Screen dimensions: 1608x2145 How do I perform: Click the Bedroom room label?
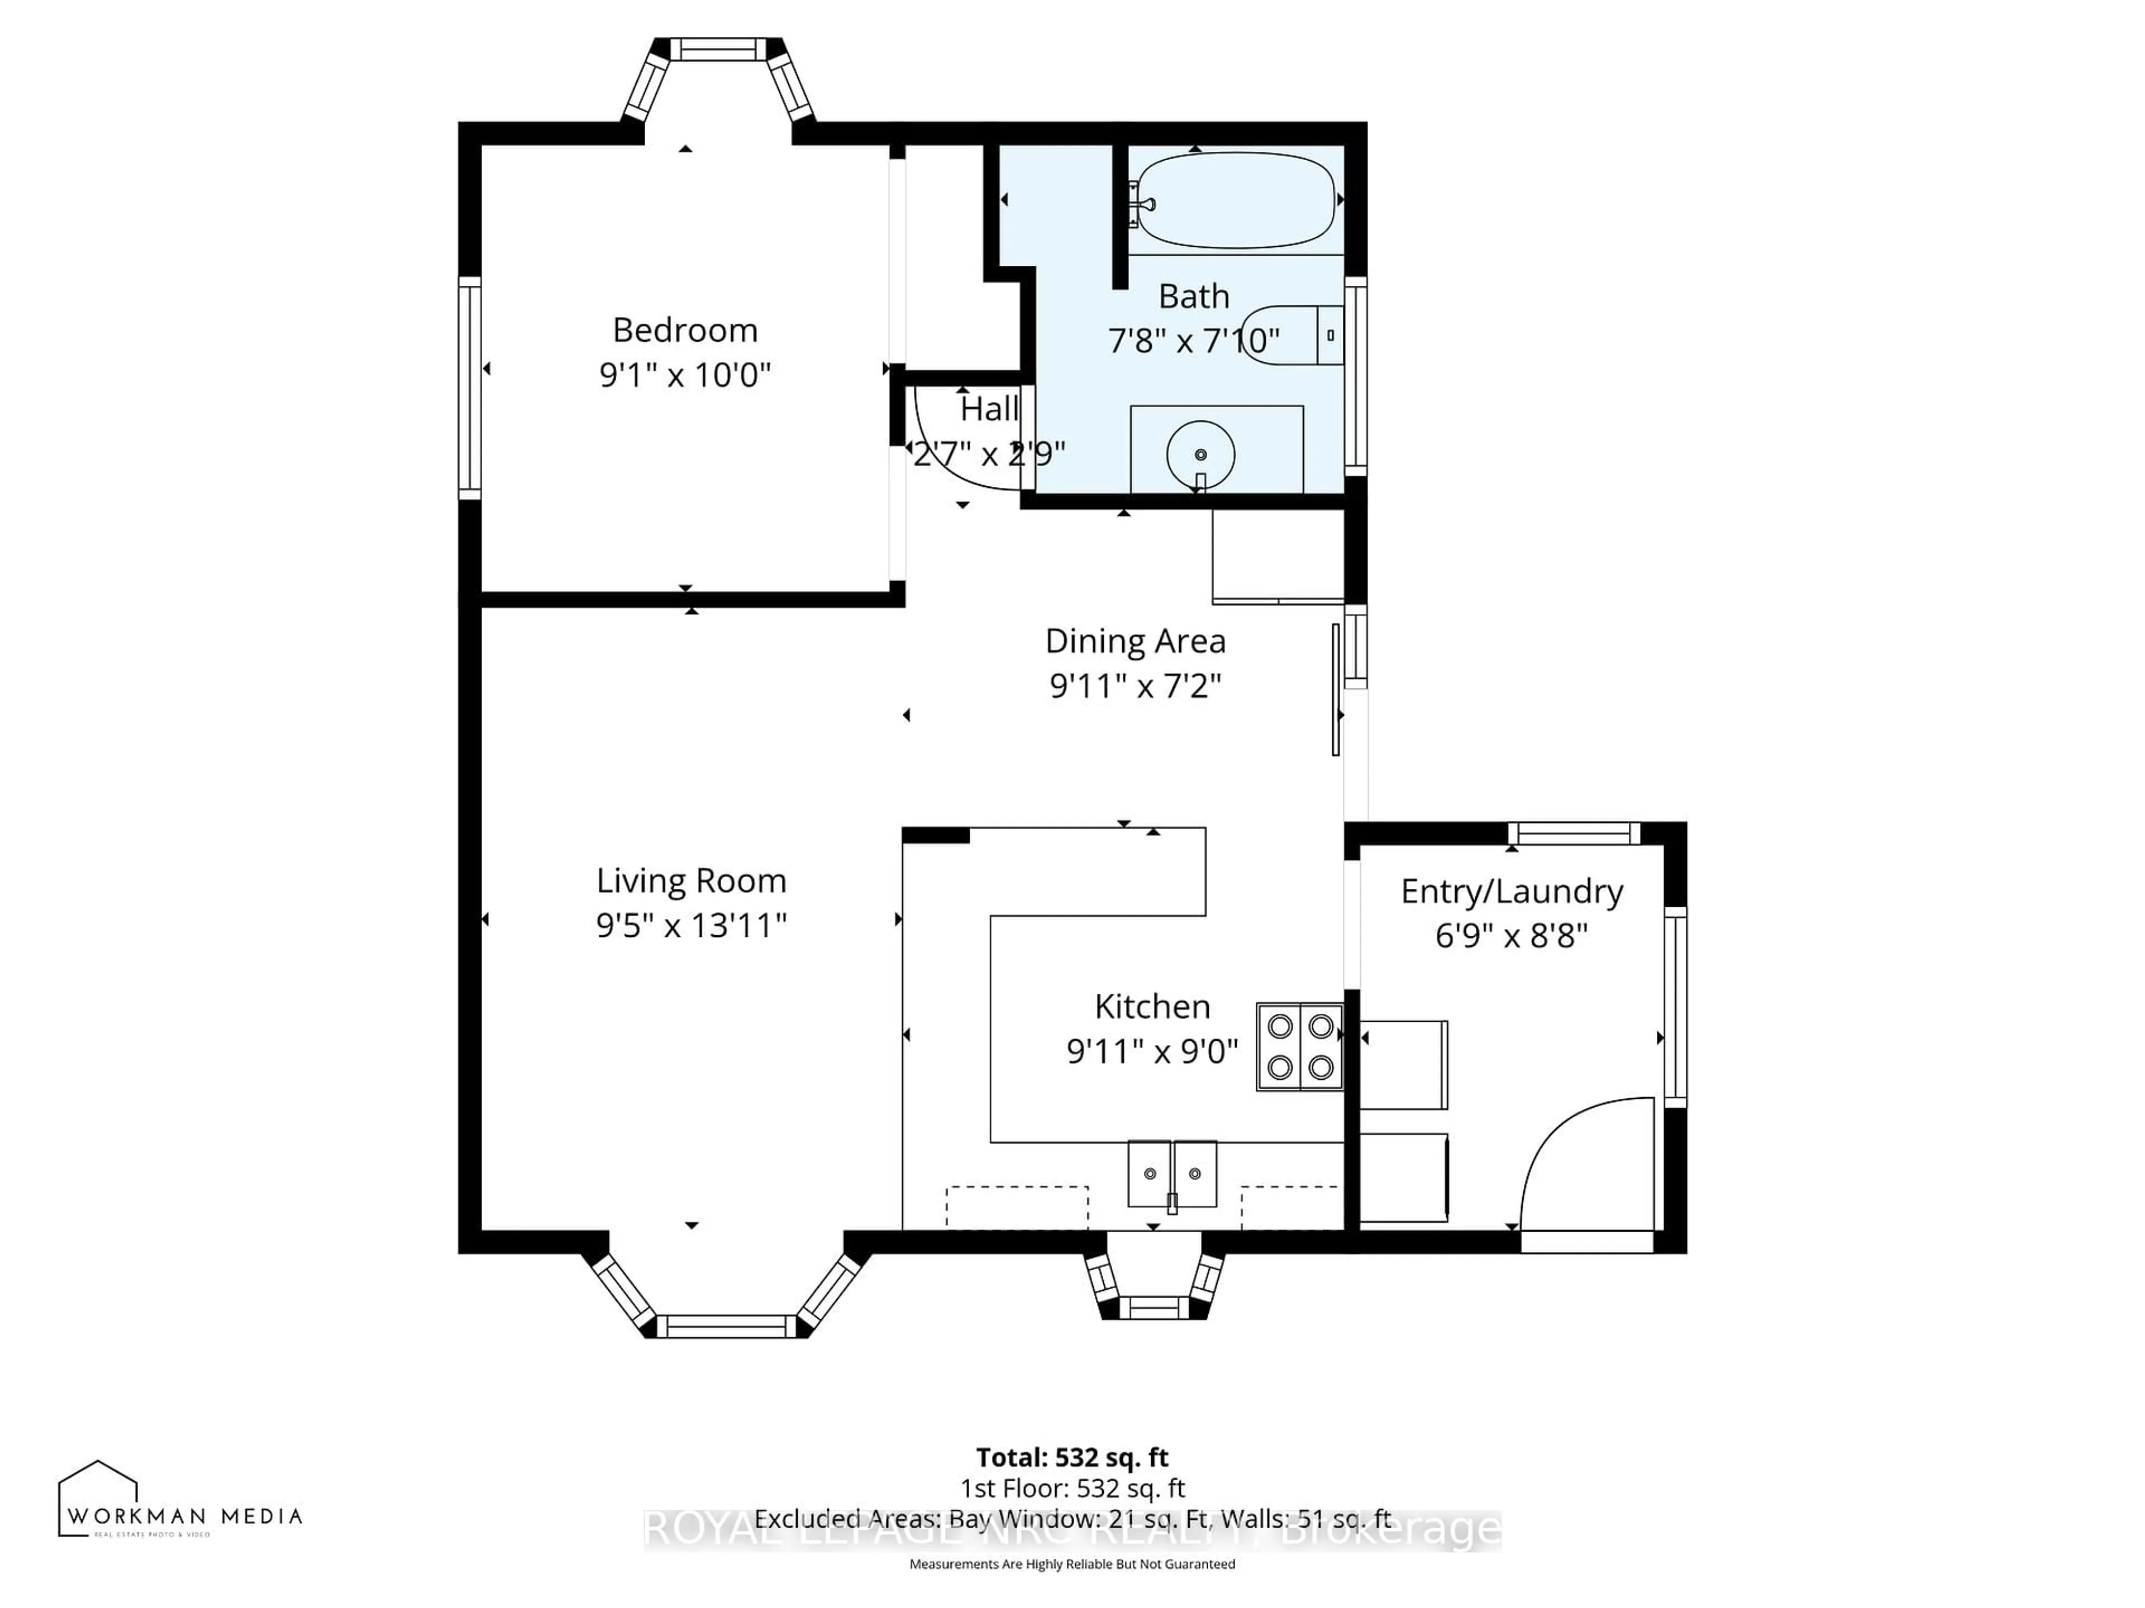tap(685, 331)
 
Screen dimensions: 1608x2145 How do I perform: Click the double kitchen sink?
tap(1171, 1174)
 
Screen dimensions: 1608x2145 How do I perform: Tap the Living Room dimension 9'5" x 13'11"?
tap(690, 926)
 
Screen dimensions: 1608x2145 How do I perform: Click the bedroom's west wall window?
tap(469, 387)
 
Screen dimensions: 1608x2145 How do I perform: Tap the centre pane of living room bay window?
tap(726, 1326)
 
